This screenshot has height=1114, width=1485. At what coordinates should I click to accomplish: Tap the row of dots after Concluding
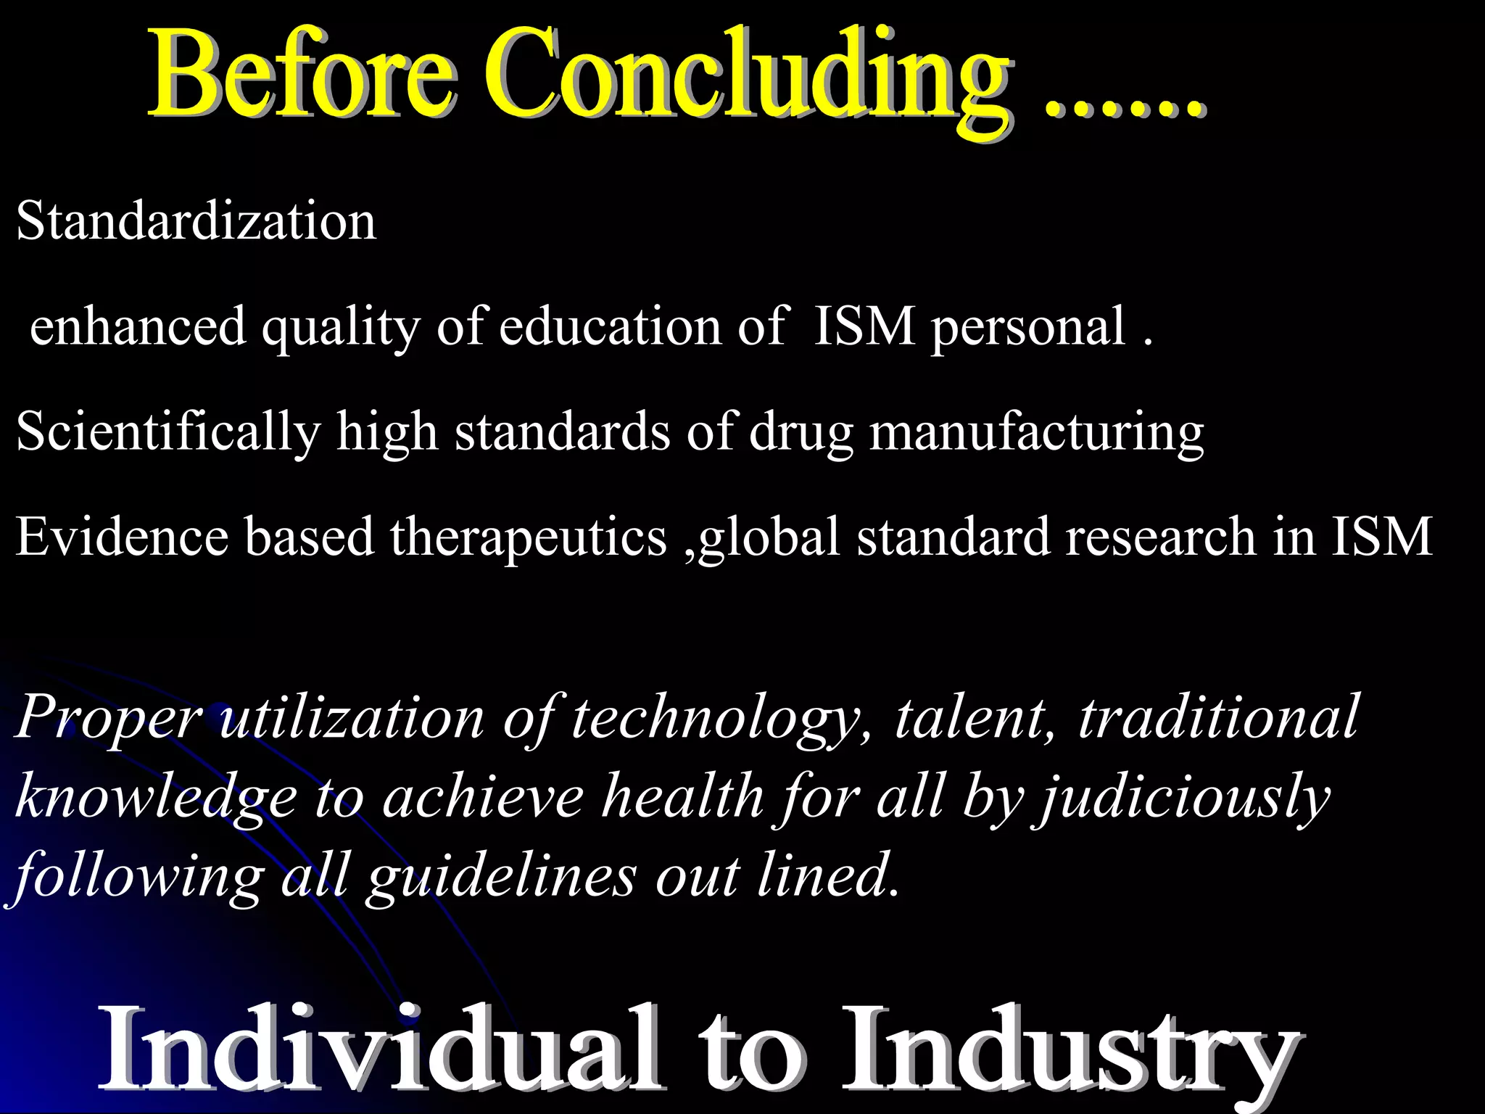(1125, 109)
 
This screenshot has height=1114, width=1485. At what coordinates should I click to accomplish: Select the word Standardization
(197, 220)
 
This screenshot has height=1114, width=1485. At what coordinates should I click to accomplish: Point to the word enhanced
(138, 326)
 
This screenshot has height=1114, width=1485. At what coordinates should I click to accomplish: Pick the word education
(610, 326)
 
